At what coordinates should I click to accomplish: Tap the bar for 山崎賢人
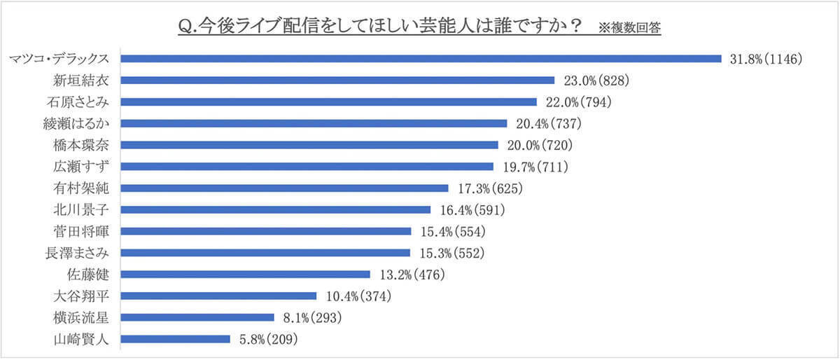176,339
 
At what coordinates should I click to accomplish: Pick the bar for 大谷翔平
219,296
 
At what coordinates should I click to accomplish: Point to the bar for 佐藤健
246,275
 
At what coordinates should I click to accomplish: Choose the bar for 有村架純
285,188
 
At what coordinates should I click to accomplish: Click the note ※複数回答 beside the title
630,28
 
